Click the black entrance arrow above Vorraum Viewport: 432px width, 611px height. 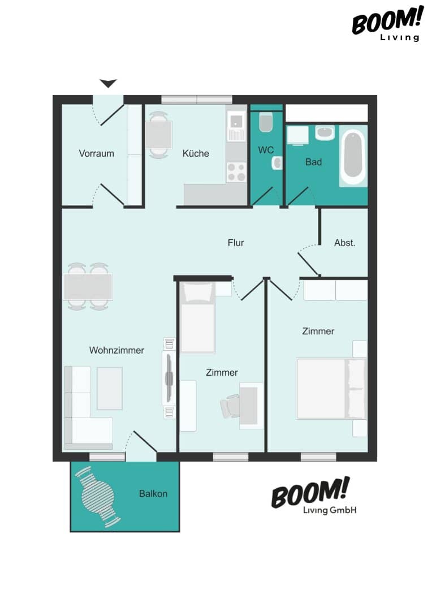(108, 83)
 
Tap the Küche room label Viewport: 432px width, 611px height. (196, 153)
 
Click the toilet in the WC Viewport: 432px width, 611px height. (266, 122)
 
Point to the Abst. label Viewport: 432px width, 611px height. (345, 243)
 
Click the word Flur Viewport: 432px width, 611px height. (236, 243)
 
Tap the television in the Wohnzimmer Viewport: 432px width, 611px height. (169, 378)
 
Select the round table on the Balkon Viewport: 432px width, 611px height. (97, 497)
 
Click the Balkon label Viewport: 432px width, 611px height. (153, 494)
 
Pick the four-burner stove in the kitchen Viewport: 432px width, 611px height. (236, 172)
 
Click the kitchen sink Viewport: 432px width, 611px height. (236, 126)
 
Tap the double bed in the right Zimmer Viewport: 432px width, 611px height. (331, 389)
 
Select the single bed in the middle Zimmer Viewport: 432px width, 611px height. (198, 317)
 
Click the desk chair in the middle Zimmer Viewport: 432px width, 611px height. (230, 406)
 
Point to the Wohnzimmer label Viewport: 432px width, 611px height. (116, 350)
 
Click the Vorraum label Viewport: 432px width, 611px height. (96, 153)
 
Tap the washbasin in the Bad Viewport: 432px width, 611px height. (325, 133)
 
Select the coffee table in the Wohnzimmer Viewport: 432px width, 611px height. (110, 388)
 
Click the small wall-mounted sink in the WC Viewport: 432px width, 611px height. (277, 163)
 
